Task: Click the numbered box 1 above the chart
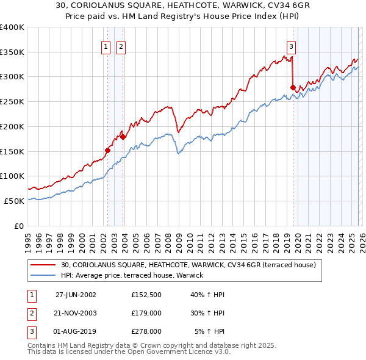(106, 46)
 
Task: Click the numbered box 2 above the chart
(121, 46)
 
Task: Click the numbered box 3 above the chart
(292, 46)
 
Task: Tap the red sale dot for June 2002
(108, 149)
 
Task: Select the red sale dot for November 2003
(123, 137)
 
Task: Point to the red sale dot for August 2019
(293, 87)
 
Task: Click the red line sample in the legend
(44, 265)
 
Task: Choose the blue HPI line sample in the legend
(44, 276)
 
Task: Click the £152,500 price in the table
(146, 294)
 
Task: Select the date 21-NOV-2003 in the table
(76, 313)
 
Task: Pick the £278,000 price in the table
(146, 332)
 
